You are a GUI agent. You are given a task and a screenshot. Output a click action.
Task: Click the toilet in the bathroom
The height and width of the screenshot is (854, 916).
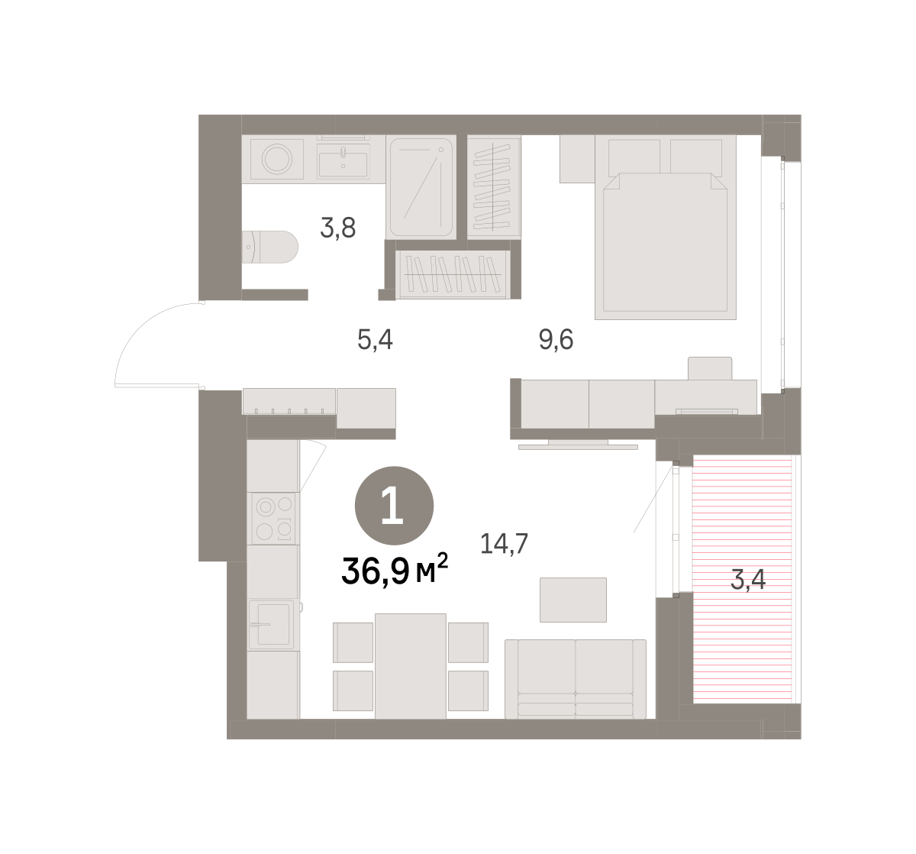(x=269, y=247)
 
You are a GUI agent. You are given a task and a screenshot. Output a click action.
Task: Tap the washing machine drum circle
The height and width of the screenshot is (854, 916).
(x=277, y=159)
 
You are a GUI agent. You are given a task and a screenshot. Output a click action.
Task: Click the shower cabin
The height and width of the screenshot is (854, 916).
(x=421, y=187)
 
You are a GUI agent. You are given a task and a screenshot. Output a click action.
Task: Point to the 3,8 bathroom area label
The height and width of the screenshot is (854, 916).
(x=338, y=228)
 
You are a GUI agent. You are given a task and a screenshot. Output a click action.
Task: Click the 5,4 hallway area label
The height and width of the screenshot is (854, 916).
(x=375, y=340)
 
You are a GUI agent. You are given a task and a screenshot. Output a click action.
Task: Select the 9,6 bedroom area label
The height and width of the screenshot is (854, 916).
(x=556, y=340)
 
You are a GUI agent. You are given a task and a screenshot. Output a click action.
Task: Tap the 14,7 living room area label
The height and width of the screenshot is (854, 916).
(x=504, y=544)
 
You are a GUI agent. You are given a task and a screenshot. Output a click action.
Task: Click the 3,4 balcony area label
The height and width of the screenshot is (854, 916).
(x=748, y=580)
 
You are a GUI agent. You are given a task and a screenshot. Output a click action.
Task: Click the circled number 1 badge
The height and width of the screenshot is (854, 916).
(x=394, y=506)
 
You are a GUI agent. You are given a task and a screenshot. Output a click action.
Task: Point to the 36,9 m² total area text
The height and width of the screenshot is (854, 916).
(x=395, y=571)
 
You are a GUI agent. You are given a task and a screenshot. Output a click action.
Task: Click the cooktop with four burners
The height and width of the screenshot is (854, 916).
(x=273, y=519)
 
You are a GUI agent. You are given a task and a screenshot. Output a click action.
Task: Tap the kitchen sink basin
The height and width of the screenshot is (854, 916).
(x=271, y=625)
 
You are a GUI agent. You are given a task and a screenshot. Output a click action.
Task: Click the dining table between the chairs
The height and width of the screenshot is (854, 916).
(x=411, y=666)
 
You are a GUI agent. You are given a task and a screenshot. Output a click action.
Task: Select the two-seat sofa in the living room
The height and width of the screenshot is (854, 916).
(x=575, y=679)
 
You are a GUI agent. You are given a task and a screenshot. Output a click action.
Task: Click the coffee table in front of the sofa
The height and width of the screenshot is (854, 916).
(x=572, y=600)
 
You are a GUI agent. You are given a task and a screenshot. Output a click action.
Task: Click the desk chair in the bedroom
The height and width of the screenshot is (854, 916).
(x=710, y=368)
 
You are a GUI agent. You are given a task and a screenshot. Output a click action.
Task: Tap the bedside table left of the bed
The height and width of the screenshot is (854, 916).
(x=577, y=159)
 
